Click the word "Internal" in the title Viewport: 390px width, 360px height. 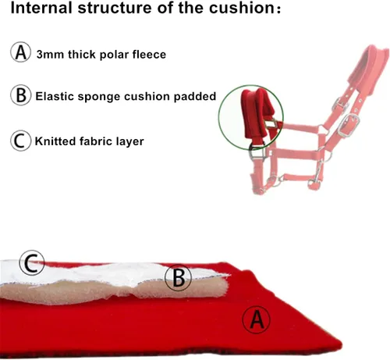pyautogui.click(x=41, y=7)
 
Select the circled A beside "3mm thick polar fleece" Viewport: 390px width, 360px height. pyautogui.click(x=21, y=52)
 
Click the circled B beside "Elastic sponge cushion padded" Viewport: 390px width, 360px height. pyautogui.click(x=21, y=95)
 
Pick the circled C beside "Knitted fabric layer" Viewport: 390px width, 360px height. pyautogui.click(x=21, y=141)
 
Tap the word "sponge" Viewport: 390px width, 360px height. pyautogui.click(x=99, y=97)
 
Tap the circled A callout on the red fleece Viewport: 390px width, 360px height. pyautogui.click(x=257, y=319)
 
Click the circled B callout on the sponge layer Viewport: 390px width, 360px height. pyautogui.click(x=179, y=277)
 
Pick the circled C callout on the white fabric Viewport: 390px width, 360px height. pyautogui.click(x=32, y=263)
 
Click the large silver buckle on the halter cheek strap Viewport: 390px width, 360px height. pyautogui.click(x=349, y=125)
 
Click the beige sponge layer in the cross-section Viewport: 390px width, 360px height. pyautogui.click(x=115, y=291)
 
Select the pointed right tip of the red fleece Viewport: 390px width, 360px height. pyautogui.click(x=341, y=344)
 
